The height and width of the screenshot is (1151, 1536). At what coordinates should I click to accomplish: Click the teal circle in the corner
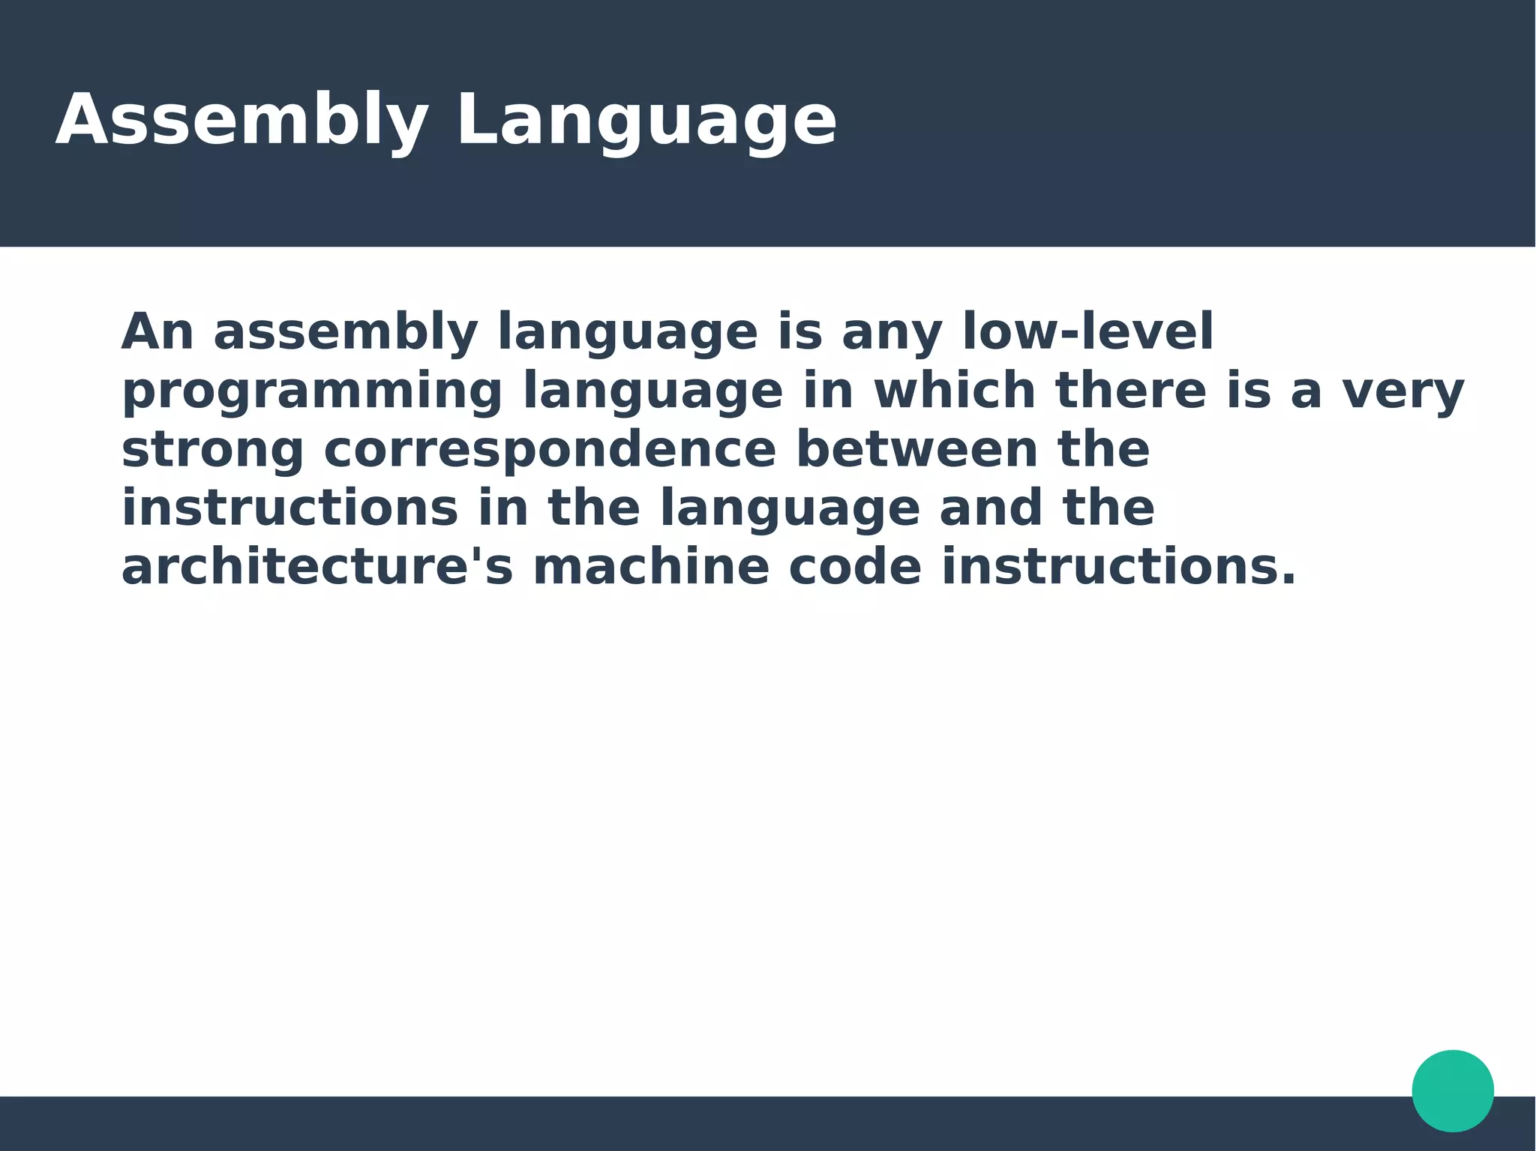[1453, 1090]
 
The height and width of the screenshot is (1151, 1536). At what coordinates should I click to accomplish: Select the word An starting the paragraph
[157, 331]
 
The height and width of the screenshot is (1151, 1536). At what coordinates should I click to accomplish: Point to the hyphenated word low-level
[1087, 331]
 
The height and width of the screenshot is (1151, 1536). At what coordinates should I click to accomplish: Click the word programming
[312, 391]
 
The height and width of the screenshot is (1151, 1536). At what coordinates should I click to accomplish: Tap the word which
[955, 390]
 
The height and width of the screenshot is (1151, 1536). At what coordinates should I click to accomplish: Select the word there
[1131, 390]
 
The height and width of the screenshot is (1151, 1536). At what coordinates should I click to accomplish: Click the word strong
[212, 450]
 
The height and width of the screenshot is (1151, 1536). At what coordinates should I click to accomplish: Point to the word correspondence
[550, 450]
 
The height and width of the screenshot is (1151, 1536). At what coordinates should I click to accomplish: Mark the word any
[892, 333]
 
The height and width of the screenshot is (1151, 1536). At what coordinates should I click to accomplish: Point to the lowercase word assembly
[346, 333]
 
